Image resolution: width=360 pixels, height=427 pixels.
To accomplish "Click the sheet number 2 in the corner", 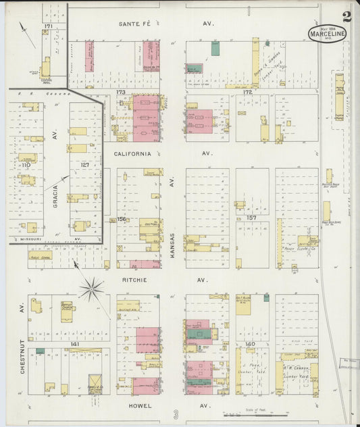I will [346, 17].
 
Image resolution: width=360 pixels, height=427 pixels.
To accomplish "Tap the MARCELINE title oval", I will [326, 34].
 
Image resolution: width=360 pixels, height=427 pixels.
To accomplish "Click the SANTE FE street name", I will [134, 24].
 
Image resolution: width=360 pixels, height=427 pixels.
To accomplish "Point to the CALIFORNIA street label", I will [132, 153].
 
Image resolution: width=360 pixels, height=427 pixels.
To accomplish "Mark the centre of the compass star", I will [91, 289].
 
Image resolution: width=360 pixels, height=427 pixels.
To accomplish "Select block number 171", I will [47, 26].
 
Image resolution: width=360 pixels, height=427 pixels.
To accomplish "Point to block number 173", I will [120, 91].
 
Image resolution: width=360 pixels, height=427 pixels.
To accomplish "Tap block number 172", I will [247, 91].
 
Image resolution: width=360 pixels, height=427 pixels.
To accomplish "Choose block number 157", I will [252, 218].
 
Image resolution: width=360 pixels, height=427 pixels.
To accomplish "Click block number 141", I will [76, 345].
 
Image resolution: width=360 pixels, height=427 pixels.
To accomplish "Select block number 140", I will [251, 345].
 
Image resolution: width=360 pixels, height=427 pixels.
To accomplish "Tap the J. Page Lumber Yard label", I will [251, 370].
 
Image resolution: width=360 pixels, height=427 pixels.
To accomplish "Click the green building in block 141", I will [41, 351].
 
